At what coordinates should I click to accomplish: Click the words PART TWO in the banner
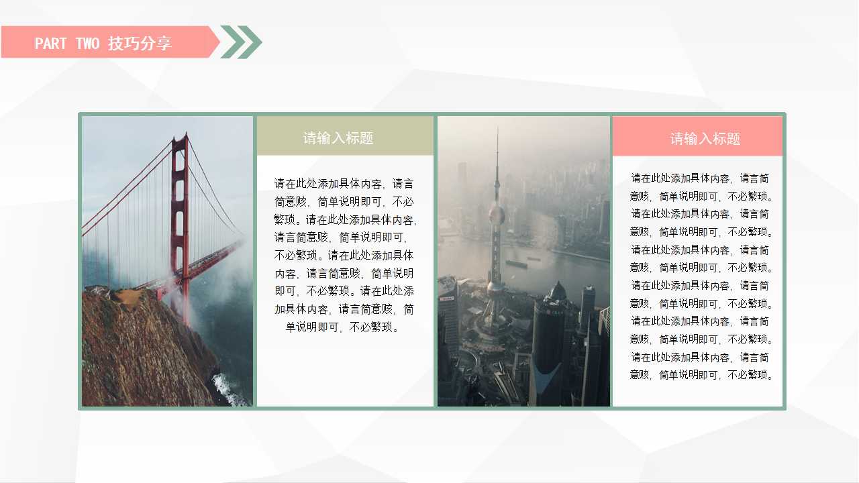tap(66, 44)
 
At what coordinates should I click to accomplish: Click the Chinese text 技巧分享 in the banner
tap(140, 44)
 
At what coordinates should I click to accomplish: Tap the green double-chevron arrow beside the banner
tap(241, 42)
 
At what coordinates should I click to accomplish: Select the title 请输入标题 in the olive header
tap(338, 138)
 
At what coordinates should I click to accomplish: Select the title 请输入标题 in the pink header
tap(705, 139)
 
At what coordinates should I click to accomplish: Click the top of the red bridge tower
tap(179, 139)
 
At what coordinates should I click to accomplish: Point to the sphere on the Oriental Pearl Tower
tap(497, 215)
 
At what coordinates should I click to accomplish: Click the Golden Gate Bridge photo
tap(167, 261)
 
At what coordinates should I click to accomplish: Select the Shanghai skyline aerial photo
tap(523, 261)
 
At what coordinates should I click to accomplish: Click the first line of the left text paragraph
tap(344, 183)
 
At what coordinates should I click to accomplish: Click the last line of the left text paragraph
tap(344, 327)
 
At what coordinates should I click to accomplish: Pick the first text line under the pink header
tap(700, 178)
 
